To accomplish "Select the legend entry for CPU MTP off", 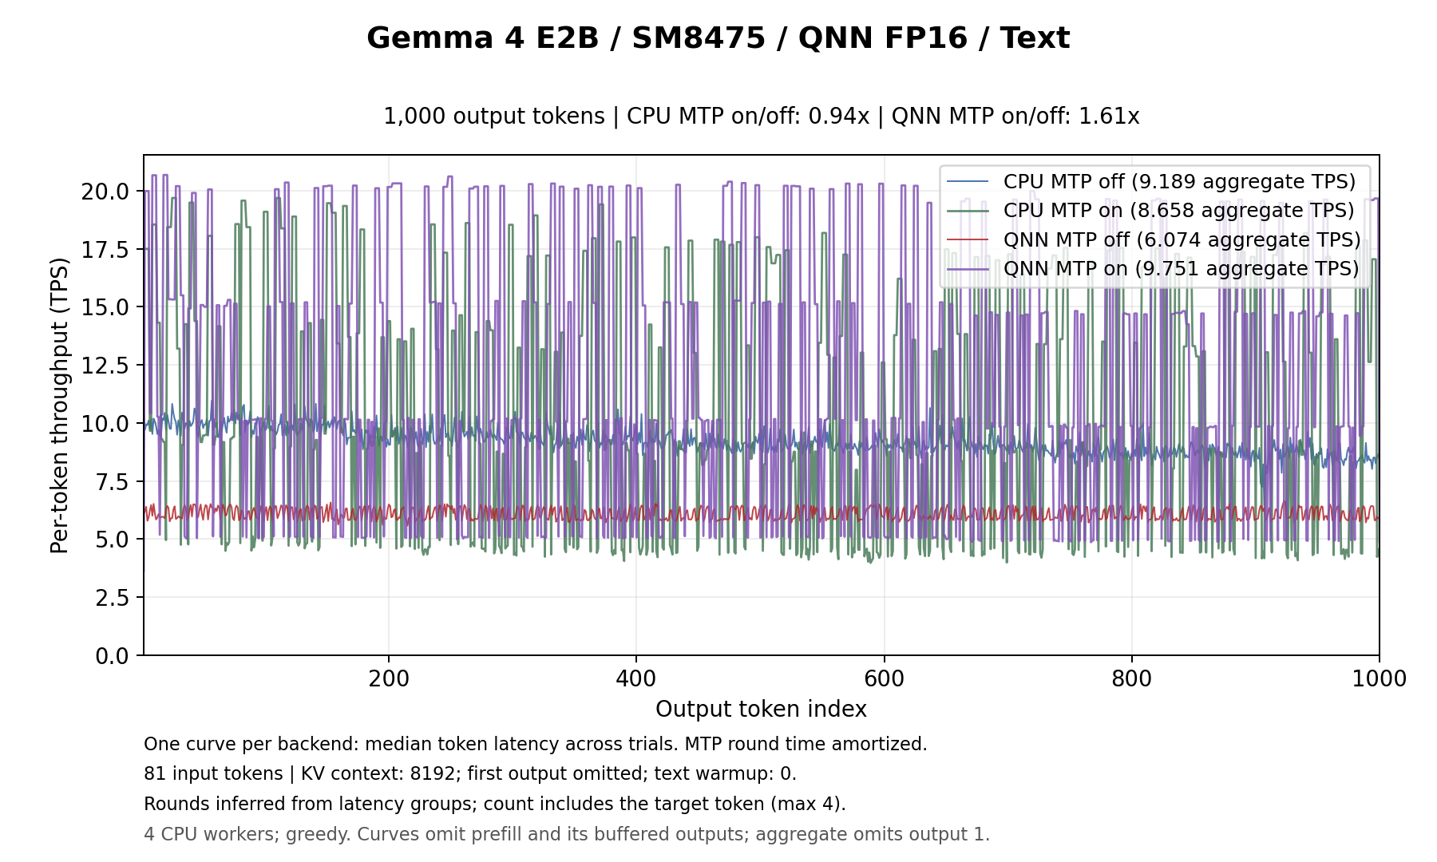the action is (1151, 181).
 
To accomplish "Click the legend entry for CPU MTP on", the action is (1150, 211).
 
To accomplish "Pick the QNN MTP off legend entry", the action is (1154, 239).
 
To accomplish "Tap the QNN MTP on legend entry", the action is (1153, 269).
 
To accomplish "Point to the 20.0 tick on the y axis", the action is (105, 192).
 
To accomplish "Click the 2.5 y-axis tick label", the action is (112, 598).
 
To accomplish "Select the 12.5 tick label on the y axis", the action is (105, 366).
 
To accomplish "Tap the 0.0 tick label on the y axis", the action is (112, 656).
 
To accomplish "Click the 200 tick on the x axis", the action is (389, 679).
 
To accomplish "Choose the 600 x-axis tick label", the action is (885, 679).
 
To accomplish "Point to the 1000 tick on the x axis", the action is (1380, 679).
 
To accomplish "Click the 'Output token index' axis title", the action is (761, 710).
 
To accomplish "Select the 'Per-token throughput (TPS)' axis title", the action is (61, 405).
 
